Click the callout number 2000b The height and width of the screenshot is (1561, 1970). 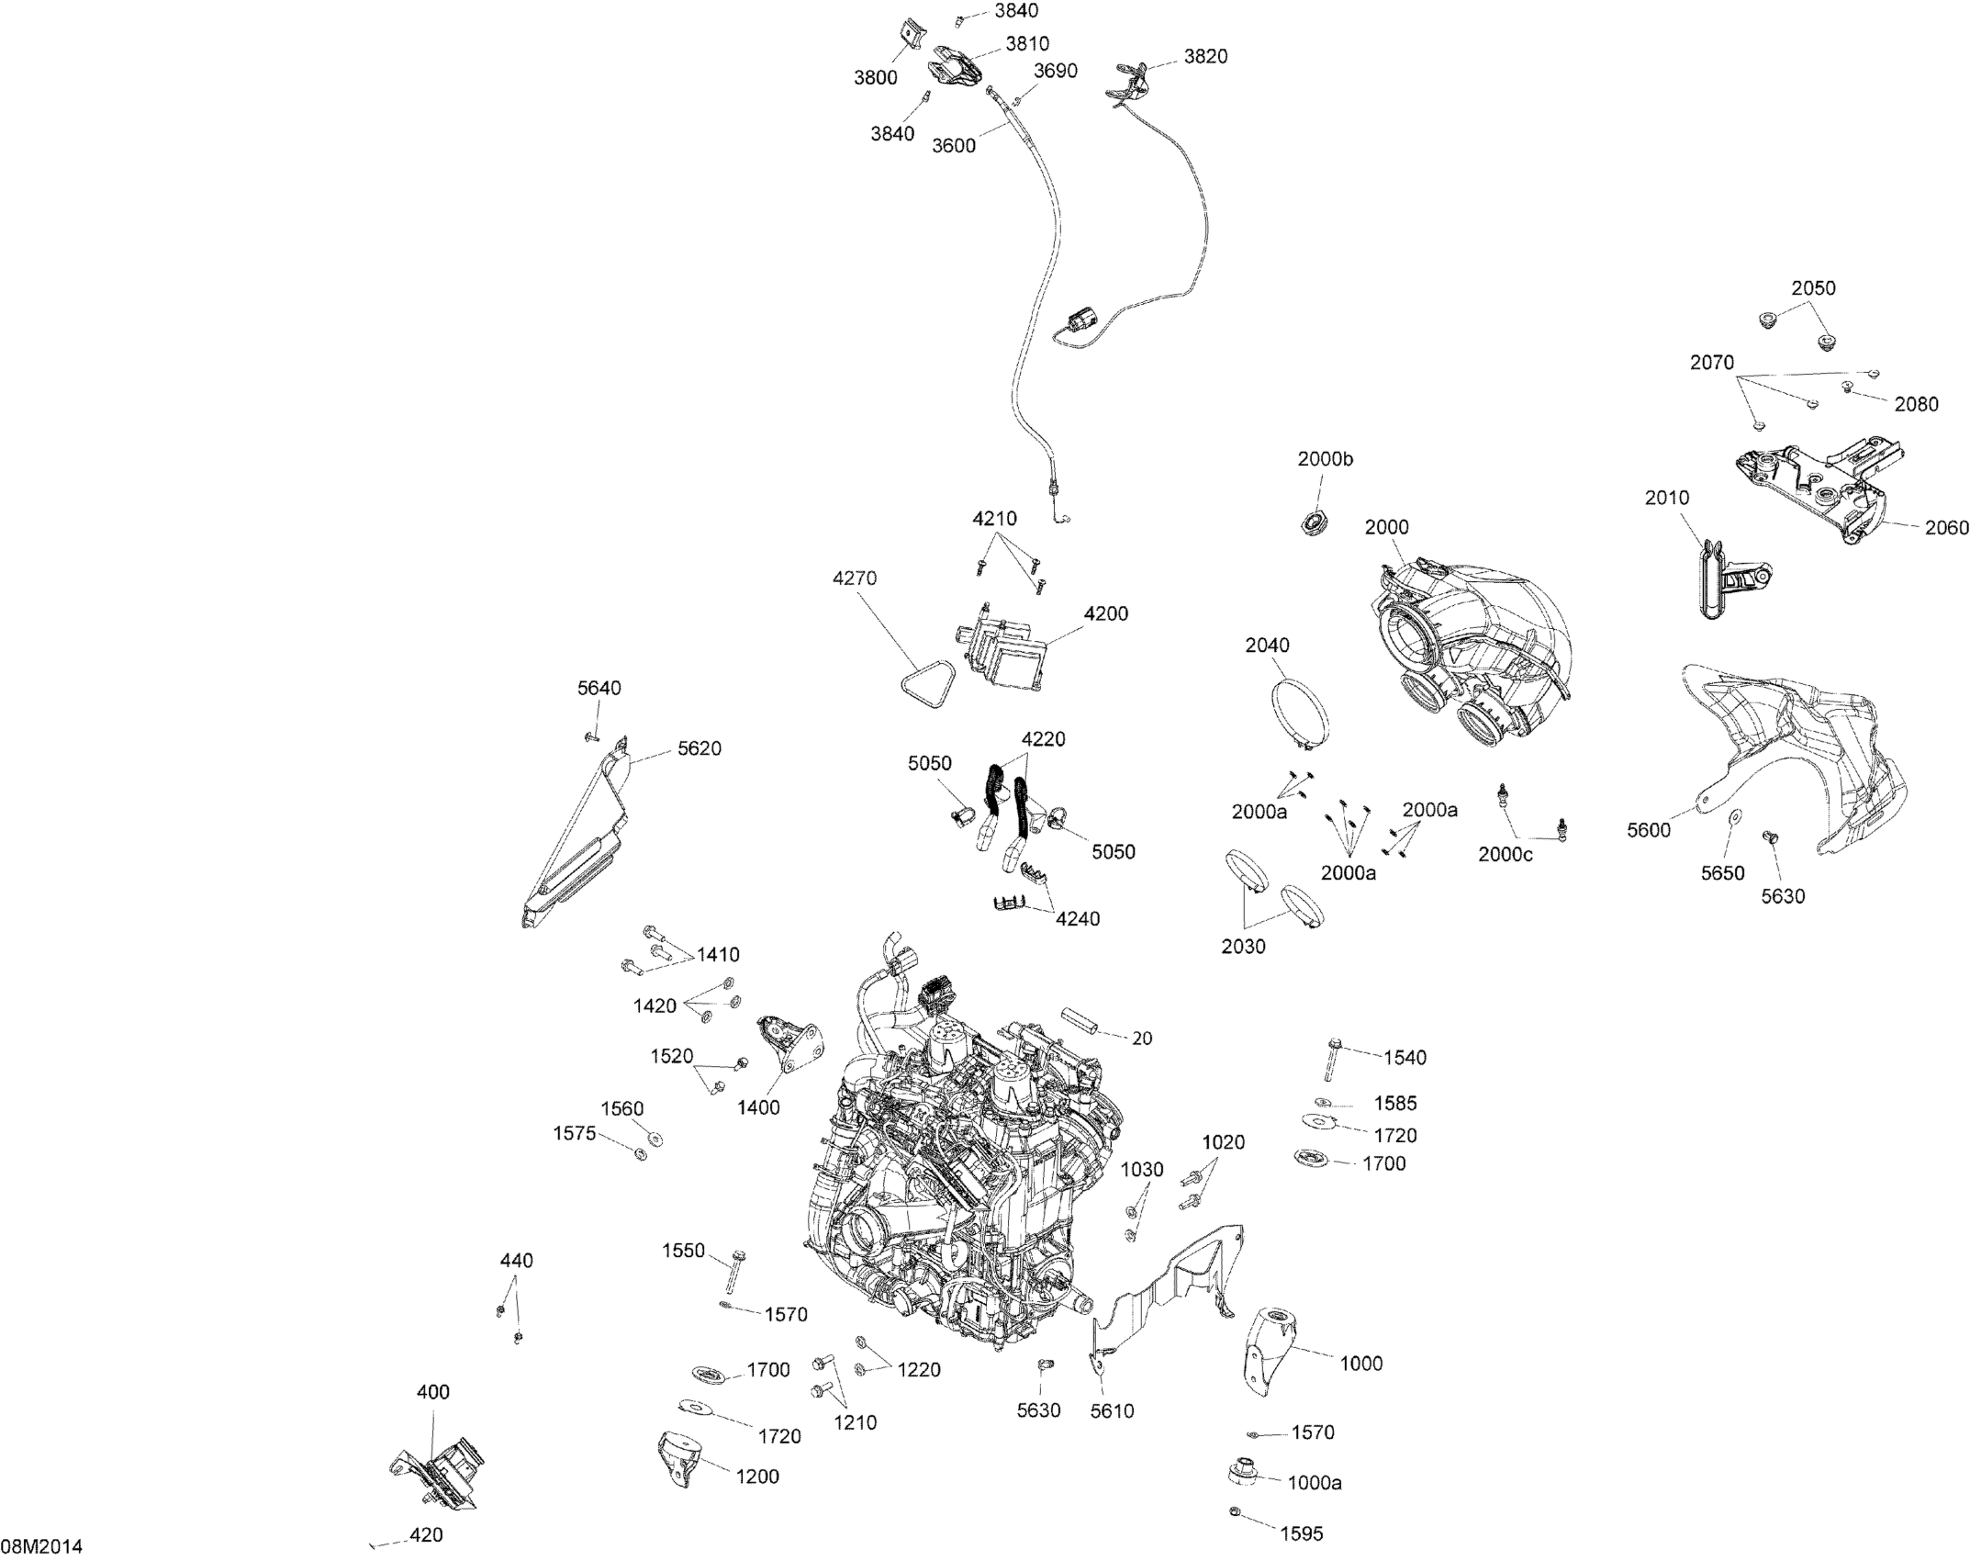[x=1325, y=459]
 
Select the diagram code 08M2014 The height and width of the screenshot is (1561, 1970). [x=41, y=1546]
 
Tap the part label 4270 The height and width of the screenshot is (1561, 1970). [x=855, y=578]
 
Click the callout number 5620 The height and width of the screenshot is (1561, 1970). [x=700, y=748]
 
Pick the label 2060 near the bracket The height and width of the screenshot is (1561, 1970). [x=1946, y=527]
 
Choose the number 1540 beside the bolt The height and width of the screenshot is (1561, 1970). [x=1405, y=1058]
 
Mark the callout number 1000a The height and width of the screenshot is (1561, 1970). [x=1315, y=1482]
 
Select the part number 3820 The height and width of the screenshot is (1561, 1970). [x=1205, y=56]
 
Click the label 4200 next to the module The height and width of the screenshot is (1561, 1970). [x=1105, y=613]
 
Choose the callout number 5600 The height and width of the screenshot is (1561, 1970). [x=1649, y=830]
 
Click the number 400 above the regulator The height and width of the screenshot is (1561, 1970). [x=433, y=1392]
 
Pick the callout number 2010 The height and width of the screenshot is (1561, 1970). [x=1667, y=498]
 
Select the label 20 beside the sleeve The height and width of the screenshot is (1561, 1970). [x=1142, y=1039]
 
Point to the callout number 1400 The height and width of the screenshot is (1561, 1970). [x=758, y=1107]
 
